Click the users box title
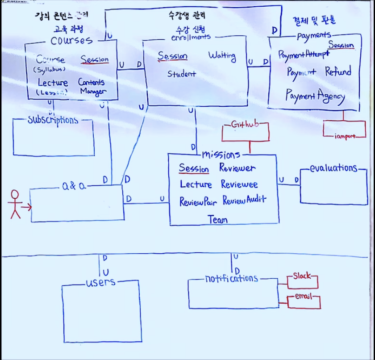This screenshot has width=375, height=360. pos(101,282)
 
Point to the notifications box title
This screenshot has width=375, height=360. pos(231,279)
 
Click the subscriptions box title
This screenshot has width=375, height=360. pos(53,120)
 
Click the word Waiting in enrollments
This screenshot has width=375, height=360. pos(222,56)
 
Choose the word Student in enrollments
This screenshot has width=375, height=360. pos(181,74)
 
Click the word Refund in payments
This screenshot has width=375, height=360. pos(338,71)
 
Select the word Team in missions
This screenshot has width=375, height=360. pos(217,219)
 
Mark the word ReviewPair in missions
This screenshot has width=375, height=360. pos(198,201)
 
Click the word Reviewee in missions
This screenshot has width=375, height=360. pos(239,184)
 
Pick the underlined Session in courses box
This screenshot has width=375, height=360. pos(95,59)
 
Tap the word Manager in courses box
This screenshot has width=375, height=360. pos(93,92)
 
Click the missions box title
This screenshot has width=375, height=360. pos(221,155)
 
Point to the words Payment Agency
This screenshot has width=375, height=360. pos(315,96)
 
